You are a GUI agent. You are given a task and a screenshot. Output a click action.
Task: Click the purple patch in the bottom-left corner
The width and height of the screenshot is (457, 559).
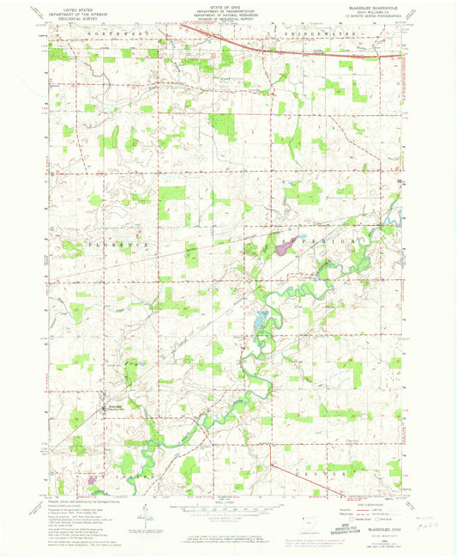coord(92,479)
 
